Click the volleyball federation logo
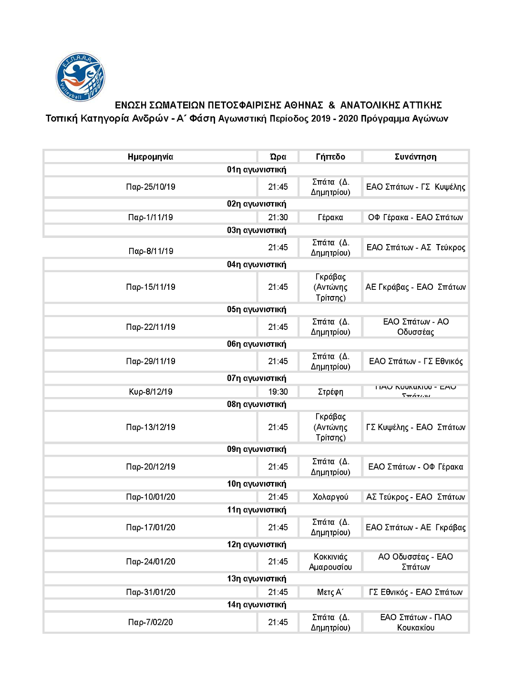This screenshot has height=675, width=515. pyautogui.click(x=80, y=77)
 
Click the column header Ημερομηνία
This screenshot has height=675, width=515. pyautogui.click(x=150, y=157)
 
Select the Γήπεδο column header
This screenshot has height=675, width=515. pyautogui.click(x=330, y=157)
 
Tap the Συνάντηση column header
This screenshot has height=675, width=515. pyautogui.click(x=415, y=157)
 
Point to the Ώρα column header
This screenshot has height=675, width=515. pyautogui.click(x=278, y=157)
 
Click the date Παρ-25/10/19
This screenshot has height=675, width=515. pyautogui.click(x=151, y=187)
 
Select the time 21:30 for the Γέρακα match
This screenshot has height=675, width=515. pyautogui.click(x=278, y=217)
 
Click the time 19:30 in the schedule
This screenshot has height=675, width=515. pyautogui.click(x=278, y=392)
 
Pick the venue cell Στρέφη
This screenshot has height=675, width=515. pyautogui.click(x=330, y=392)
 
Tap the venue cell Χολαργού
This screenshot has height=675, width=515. pyautogui.click(x=330, y=497)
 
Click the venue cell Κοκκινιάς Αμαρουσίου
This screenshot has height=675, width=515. pyautogui.click(x=330, y=562)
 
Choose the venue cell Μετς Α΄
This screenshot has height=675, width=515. pyautogui.click(x=330, y=592)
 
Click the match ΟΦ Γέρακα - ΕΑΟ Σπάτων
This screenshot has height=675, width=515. pyautogui.click(x=415, y=217)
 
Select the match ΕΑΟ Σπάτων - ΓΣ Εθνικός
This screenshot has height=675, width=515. pyautogui.click(x=416, y=361)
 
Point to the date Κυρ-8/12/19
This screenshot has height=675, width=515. pyautogui.click(x=151, y=392)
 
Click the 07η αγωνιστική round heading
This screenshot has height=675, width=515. pyautogui.click(x=257, y=378)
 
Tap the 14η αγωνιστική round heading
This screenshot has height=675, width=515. pyautogui.click(x=257, y=605)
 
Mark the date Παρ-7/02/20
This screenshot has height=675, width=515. pyautogui.click(x=151, y=622)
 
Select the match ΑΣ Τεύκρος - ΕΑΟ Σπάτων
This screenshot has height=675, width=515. pyautogui.click(x=416, y=497)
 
